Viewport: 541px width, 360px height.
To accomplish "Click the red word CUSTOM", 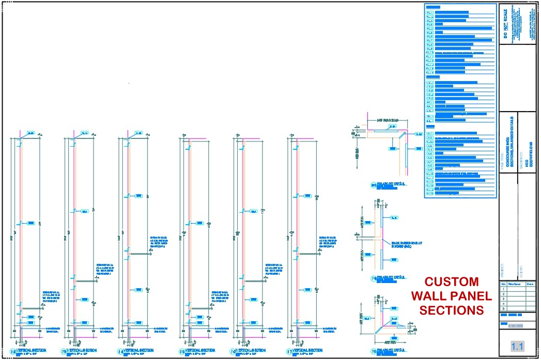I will point(451,283).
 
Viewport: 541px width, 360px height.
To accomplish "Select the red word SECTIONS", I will point(451,310).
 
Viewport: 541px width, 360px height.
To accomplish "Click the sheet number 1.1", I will point(517,346).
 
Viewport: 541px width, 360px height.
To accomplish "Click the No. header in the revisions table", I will point(503,284).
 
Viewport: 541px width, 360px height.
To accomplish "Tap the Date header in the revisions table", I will point(530,284).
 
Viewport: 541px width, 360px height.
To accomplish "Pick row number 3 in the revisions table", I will point(503,299).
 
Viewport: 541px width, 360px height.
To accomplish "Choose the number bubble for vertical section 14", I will point(120,352).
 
